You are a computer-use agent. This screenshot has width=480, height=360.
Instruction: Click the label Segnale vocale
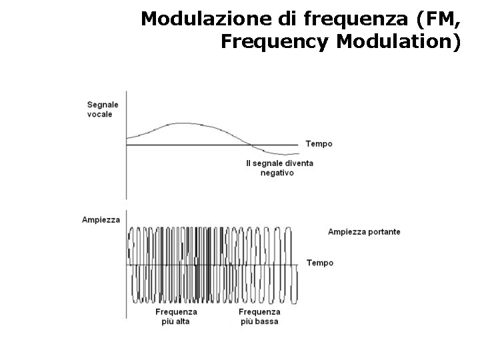pyautogui.click(x=103, y=109)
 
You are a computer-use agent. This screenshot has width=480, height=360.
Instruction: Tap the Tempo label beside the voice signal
pyautogui.click(x=319, y=144)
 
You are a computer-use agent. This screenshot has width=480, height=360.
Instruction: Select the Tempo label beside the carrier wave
pyautogui.click(x=319, y=263)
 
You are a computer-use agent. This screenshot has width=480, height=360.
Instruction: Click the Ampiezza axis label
pyautogui.click(x=101, y=219)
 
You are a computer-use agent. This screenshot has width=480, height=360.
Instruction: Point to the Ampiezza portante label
pyautogui.click(x=364, y=232)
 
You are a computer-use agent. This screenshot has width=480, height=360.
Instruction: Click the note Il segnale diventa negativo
pyautogui.click(x=279, y=167)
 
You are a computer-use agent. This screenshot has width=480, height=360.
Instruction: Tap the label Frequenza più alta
pyautogui.click(x=176, y=316)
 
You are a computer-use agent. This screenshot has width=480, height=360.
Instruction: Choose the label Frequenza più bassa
pyautogui.click(x=259, y=316)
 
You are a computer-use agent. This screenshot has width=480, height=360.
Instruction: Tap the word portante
pyautogui.click(x=383, y=232)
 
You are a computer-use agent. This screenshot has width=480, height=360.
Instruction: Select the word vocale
pyautogui.click(x=100, y=113)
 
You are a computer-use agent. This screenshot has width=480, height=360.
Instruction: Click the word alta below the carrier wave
pyautogui.click(x=183, y=321)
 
